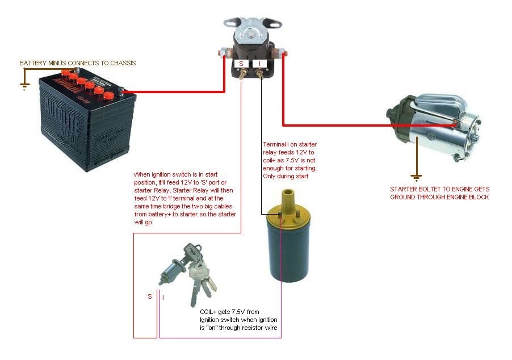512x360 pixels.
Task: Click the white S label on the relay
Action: pos(241,64)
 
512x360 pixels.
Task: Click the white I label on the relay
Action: pos(259,64)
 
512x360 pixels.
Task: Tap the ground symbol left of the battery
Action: pos(24,87)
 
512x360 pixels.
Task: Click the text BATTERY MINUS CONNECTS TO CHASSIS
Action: pos(78,63)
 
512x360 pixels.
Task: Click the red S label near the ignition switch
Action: pos(149,296)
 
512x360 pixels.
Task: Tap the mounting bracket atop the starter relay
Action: pos(253,23)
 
